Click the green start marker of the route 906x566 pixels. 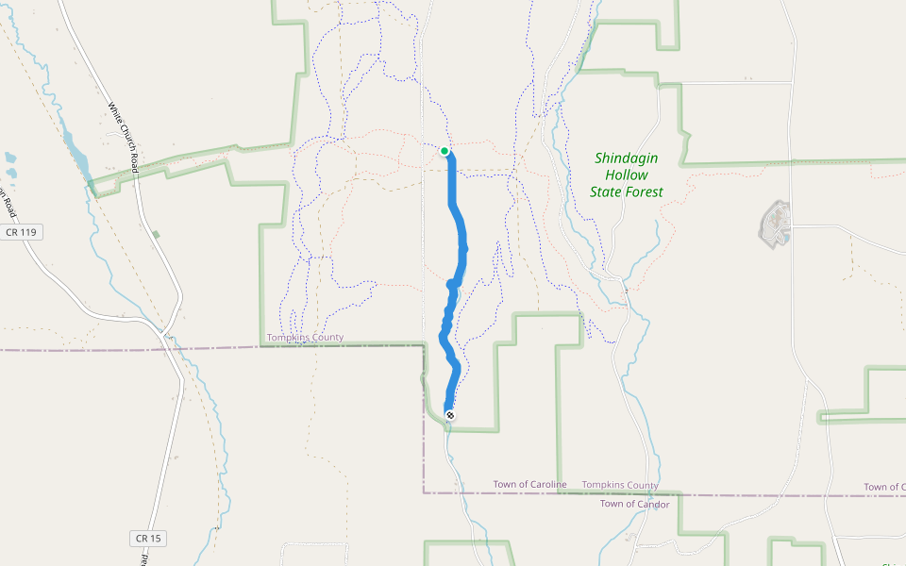[x=445, y=151]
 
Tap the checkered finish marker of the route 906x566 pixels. [x=449, y=415]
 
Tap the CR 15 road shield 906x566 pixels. [x=148, y=538]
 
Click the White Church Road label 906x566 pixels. [x=124, y=137]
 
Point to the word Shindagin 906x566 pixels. [x=626, y=158]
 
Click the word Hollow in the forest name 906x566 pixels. [x=627, y=175]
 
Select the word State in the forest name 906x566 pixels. [x=608, y=192]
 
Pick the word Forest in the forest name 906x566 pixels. [x=646, y=192]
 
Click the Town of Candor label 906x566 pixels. [x=634, y=505]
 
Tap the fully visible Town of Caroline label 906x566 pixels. [x=529, y=485]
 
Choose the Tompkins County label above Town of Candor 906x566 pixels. [x=620, y=485]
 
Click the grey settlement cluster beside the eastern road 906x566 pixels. [x=775, y=224]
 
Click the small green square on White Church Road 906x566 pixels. [x=156, y=234]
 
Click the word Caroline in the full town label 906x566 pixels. [x=545, y=485]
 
